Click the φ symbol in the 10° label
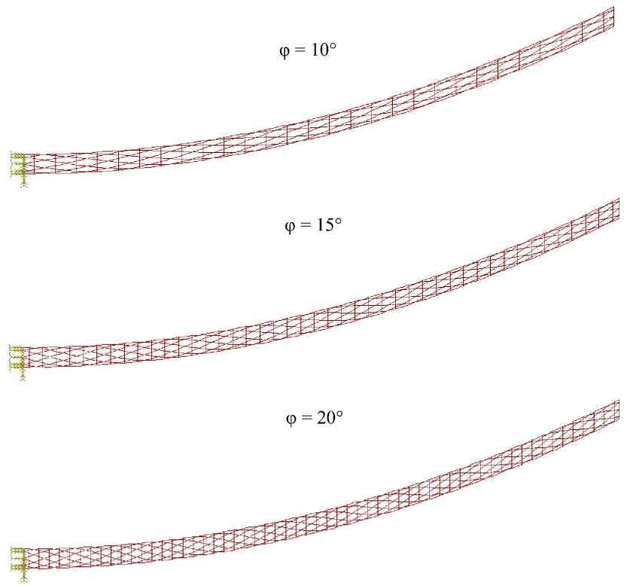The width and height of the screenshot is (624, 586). coord(284,52)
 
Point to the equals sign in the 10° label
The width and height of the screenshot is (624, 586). coord(300,50)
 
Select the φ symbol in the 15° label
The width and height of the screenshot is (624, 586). coord(290,227)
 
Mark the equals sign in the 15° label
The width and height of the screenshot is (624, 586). coord(306,225)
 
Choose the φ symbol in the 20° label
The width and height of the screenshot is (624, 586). coord(291,420)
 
